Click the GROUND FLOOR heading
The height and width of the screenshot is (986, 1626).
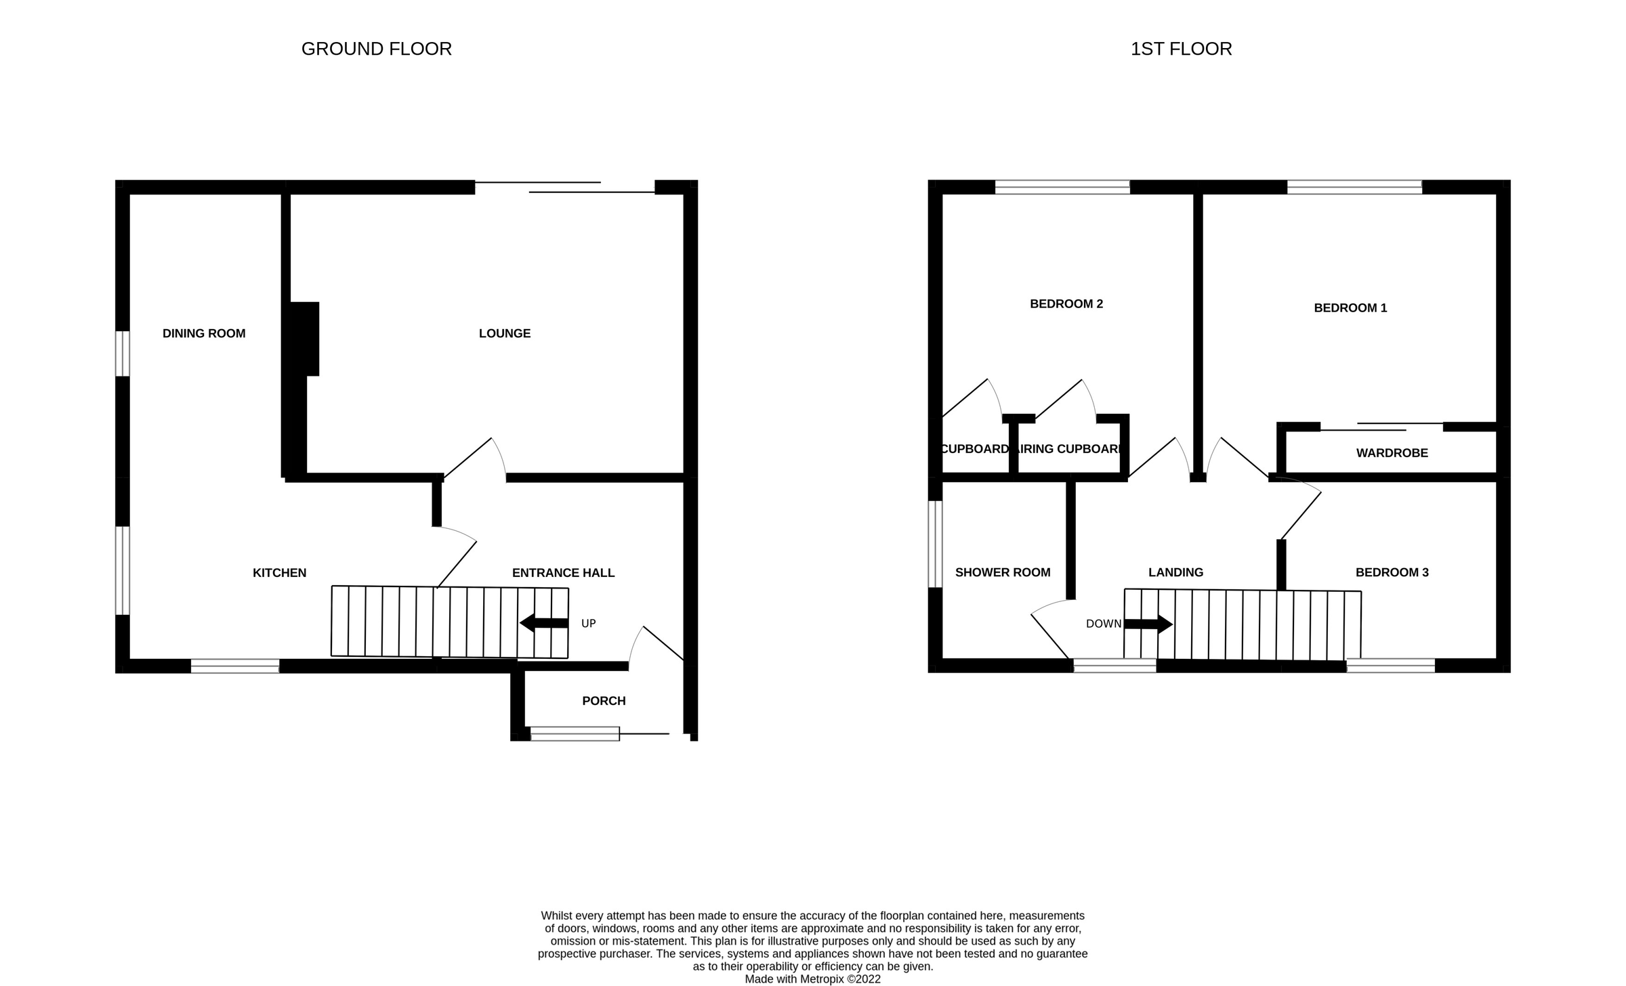pyautogui.click(x=376, y=49)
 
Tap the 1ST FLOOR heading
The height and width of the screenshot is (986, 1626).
pyautogui.click(x=1180, y=49)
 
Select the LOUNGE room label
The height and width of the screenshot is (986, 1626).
pyautogui.click(x=504, y=333)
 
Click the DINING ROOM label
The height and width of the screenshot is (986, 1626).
pyautogui.click(x=203, y=333)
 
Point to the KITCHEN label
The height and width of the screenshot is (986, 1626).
pyautogui.click(x=279, y=573)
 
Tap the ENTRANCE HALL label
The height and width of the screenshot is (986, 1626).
pyautogui.click(x=563, y=573)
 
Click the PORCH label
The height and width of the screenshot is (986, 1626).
pyautogui.click(x=604, y=701)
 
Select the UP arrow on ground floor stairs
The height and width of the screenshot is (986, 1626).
pyautogui.click(x=543, y=623)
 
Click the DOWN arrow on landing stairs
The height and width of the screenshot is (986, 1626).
pyautogui.click(x=1148, y=624)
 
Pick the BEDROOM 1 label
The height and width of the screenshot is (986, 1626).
pyautogui.click(x=1350, y=308)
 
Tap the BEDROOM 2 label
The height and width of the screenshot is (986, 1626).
pyautogui.click(x=1066, y=304)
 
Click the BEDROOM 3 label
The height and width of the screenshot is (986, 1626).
pyautogui.click(x=1392, y=572)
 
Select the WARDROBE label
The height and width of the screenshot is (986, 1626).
pyautogui.click(x=1392, y=453)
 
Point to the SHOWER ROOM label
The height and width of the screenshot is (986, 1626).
pyautogui.click(x=1002, y=572)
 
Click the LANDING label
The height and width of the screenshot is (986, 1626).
pyautogui.click(x=1175, y=572)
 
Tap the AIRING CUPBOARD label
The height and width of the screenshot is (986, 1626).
pyautogui.click(x=1069, y=449)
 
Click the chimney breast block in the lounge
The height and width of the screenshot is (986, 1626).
pyautogui.click(x=304, y=339)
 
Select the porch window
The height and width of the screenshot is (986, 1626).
pyautogui.click(x=575, y=733)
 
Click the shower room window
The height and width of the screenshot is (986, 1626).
pyautogui.click(x=935, y=544)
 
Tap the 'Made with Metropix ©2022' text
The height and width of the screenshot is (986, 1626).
pyautogui.click(x=812, y=979)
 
